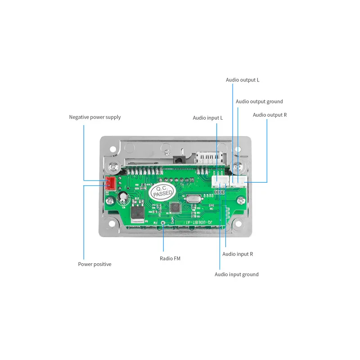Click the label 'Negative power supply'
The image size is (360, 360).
(x=94, y=117)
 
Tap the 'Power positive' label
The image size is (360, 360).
(x=94, y=264)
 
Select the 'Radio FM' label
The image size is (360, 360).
(x=170, y=258)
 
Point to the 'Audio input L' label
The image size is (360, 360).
(x=208, y=118)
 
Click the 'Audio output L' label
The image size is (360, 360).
(x=243, y=80)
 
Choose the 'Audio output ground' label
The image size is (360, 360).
(x=259, y=102)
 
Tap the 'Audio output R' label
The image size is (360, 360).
(x=270, y=115)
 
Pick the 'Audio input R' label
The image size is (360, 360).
(x=238, y=254)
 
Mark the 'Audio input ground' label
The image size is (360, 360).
(x=236, y=274)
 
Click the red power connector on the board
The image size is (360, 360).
(x=110, y=183)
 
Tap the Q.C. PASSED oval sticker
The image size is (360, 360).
(x=161, y=192)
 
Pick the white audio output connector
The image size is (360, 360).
(x=238, y=181)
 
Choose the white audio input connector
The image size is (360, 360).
(x=220, y=181)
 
